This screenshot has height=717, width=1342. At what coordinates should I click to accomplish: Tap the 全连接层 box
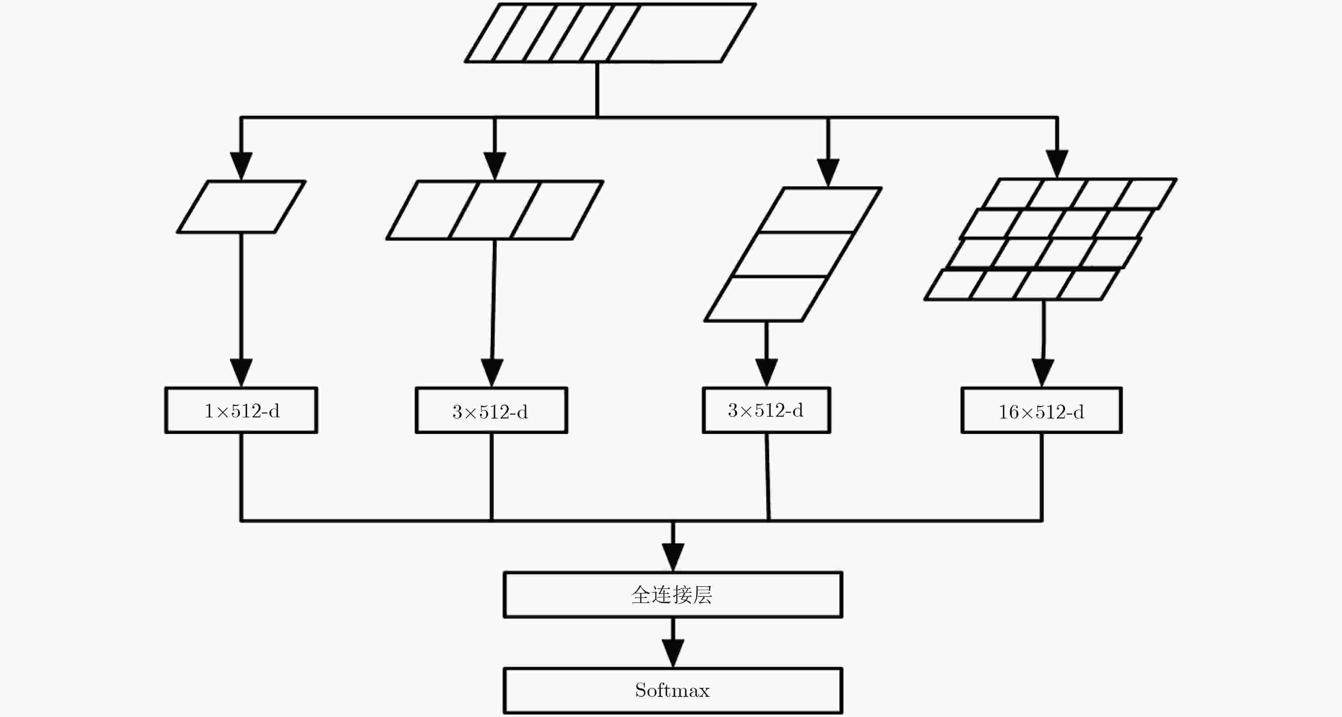(672, 595)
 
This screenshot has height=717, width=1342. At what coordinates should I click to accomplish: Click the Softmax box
(672, 690)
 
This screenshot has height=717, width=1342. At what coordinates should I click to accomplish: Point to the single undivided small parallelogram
(241, 207)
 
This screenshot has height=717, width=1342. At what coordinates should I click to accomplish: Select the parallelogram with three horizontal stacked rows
(793, 254)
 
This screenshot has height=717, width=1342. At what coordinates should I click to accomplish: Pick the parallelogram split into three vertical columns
(495, 210)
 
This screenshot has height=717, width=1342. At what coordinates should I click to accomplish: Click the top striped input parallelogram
(610, 33)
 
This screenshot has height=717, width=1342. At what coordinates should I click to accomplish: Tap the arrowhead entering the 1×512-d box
(241, 373)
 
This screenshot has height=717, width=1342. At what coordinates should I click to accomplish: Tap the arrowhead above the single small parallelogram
(241, 166)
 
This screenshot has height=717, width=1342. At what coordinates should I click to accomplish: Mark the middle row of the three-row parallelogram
(793, 254)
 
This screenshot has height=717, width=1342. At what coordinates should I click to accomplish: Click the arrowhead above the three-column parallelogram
(495, 166)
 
